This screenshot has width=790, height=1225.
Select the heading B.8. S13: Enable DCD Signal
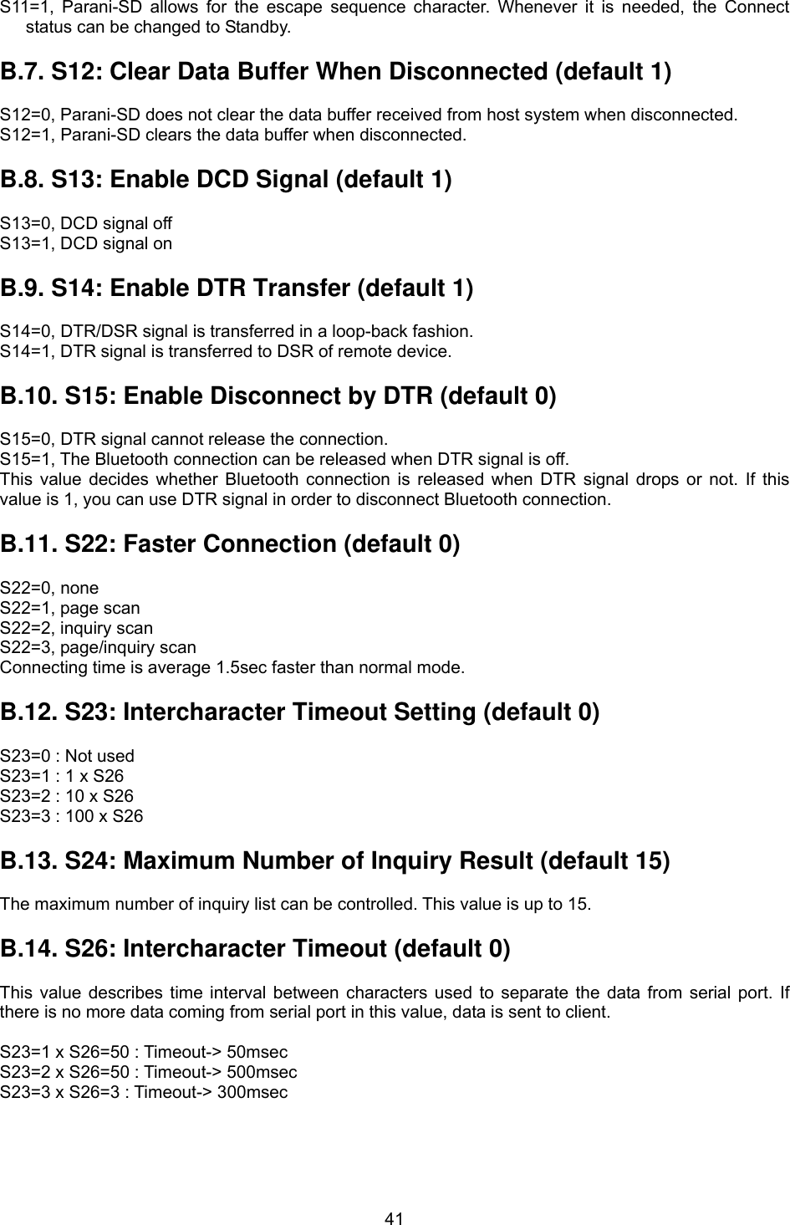point(226,180)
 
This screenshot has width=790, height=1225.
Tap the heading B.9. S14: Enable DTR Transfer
point(237,288)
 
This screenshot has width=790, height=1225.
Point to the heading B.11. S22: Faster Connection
point(230,544)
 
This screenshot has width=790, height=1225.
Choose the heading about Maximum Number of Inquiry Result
point(335,861)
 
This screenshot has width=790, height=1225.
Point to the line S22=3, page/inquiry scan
point(98,648)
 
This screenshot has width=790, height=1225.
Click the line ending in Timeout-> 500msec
point(148,1072)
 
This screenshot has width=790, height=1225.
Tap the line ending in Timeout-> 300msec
point(144,1092)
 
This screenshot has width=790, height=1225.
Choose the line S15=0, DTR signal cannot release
point(193,439)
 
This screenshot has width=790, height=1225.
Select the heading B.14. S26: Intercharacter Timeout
point(255,950)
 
